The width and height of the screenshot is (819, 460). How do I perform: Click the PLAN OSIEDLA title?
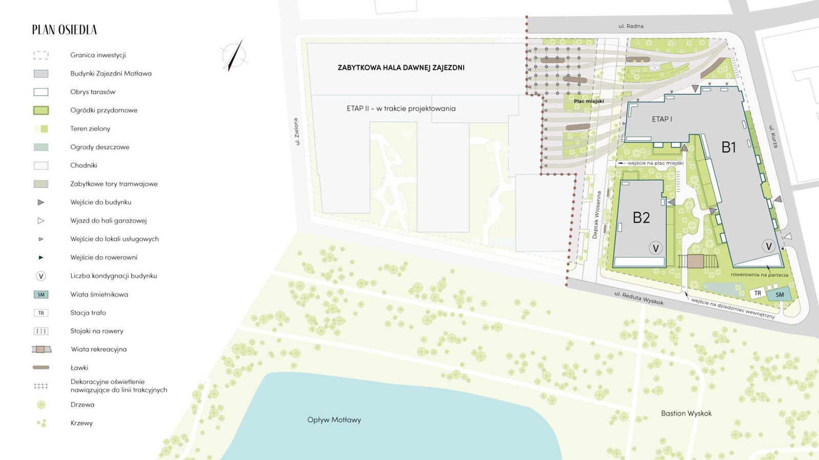64,30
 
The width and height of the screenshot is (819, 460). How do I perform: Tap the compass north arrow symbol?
233,55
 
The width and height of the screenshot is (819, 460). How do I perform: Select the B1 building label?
728,148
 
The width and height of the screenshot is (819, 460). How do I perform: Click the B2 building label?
641,218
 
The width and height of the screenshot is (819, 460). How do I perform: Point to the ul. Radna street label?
631,26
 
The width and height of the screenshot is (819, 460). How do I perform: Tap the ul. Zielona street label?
296,131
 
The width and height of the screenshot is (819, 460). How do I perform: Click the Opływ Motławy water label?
334,420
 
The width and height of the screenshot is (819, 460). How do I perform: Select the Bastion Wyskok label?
686,413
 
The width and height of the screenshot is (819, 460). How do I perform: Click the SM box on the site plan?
779,295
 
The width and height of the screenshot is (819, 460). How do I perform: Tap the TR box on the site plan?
758,293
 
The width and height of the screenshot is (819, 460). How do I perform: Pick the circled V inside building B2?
655,248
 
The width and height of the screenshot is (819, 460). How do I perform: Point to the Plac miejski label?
589,101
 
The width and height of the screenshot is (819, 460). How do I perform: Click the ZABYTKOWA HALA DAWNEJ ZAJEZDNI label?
401,67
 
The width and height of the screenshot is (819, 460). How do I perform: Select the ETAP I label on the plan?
662,119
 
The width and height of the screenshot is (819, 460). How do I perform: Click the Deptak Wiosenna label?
597,215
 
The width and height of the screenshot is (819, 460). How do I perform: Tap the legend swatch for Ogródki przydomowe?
41,110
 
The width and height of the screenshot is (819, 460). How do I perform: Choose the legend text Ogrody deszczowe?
99,147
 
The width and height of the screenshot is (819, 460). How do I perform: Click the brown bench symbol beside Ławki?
41,367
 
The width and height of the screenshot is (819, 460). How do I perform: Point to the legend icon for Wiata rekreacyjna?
41,350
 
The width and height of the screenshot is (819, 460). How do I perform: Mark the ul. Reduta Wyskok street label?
639,298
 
